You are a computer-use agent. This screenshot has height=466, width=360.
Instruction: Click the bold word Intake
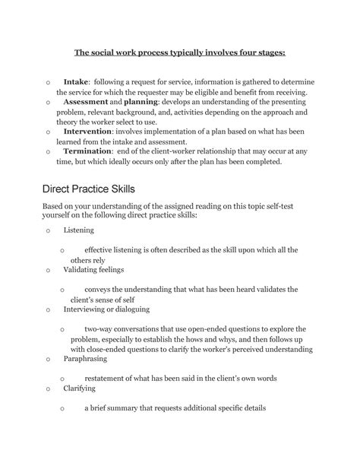tap(76, 81)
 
